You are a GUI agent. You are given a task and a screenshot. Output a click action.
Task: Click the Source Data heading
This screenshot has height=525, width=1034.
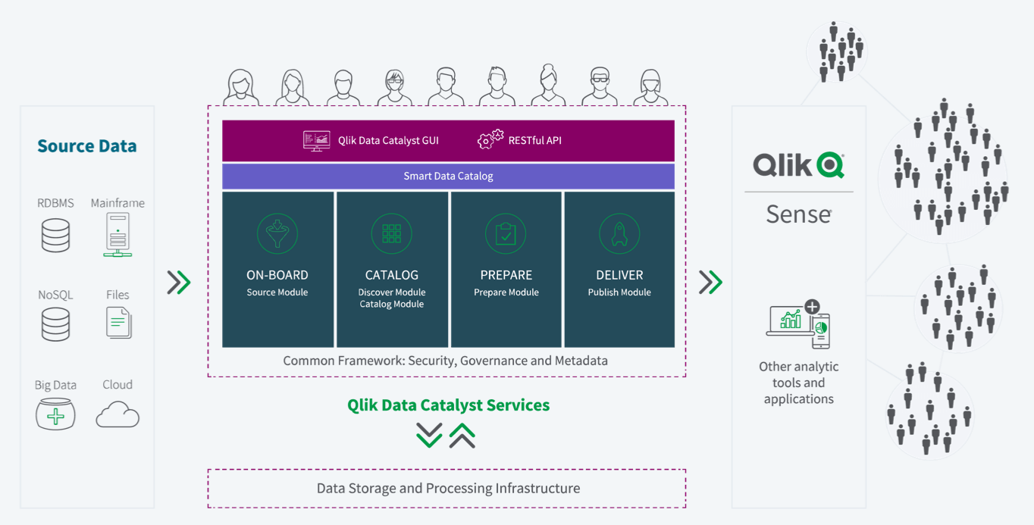click(86, 145)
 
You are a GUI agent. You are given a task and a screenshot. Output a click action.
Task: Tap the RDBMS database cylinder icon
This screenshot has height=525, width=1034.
click(55, 236)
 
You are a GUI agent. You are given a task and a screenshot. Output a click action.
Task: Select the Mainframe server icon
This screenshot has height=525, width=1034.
click(117, 234)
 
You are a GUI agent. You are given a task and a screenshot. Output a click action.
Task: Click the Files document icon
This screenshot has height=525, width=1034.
click(118, 323)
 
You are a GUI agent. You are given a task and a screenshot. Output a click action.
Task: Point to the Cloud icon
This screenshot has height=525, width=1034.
click(117, 414)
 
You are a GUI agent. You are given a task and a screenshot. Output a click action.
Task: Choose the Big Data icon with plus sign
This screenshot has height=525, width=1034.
click(55, 414)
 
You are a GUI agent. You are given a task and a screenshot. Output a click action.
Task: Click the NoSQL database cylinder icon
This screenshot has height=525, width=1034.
click(55, 324)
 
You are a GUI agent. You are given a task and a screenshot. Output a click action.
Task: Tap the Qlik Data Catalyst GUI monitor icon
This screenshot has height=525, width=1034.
click(316, 141)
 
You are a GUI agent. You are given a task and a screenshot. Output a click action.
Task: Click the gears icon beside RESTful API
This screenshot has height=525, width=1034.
click(490, 139)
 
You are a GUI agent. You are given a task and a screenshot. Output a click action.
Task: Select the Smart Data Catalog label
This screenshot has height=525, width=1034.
click(448, 176)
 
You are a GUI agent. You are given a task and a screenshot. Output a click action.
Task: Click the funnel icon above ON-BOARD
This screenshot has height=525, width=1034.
click(277, 233)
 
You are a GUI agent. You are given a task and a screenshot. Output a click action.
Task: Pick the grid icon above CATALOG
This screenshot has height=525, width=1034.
click(391, 233)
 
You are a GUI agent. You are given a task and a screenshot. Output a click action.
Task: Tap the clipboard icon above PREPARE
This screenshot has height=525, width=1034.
click(506, 233)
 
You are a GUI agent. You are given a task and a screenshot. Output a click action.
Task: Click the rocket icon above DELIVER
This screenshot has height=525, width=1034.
click(619, 233)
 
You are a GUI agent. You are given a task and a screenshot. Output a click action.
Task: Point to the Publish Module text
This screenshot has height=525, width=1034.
click(619, 292)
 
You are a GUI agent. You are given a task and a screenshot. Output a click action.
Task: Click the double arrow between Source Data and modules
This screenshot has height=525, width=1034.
click(179, 283)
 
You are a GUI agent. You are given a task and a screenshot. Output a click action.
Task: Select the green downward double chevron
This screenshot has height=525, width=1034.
click(429, 435)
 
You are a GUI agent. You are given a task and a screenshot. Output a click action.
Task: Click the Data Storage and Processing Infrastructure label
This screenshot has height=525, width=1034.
click(448, 488)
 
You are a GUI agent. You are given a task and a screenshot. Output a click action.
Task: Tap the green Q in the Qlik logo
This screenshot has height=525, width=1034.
click(830, 165)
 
